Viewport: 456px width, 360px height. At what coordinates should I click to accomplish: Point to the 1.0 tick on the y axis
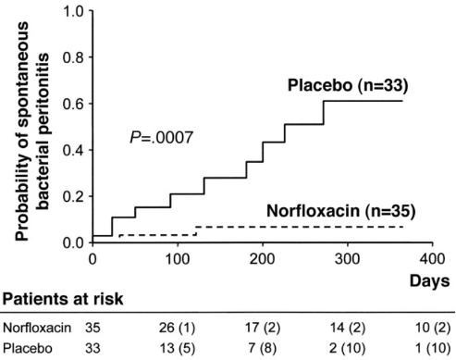click(x=71, y=12)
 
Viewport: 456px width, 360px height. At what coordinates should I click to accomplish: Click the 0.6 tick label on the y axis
click(x=71, y=104)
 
